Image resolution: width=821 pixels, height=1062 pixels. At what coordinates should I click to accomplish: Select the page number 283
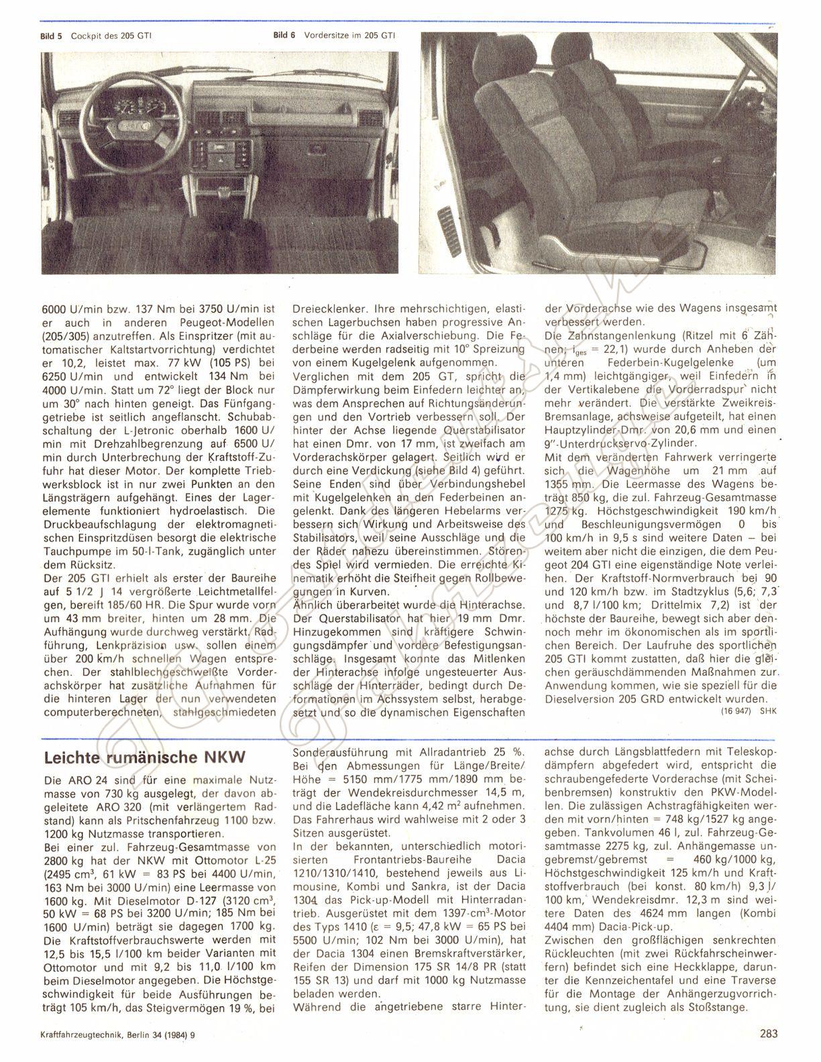(x=769, y=1033)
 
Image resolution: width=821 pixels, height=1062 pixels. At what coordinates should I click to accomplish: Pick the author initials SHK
(x=767, y=713)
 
